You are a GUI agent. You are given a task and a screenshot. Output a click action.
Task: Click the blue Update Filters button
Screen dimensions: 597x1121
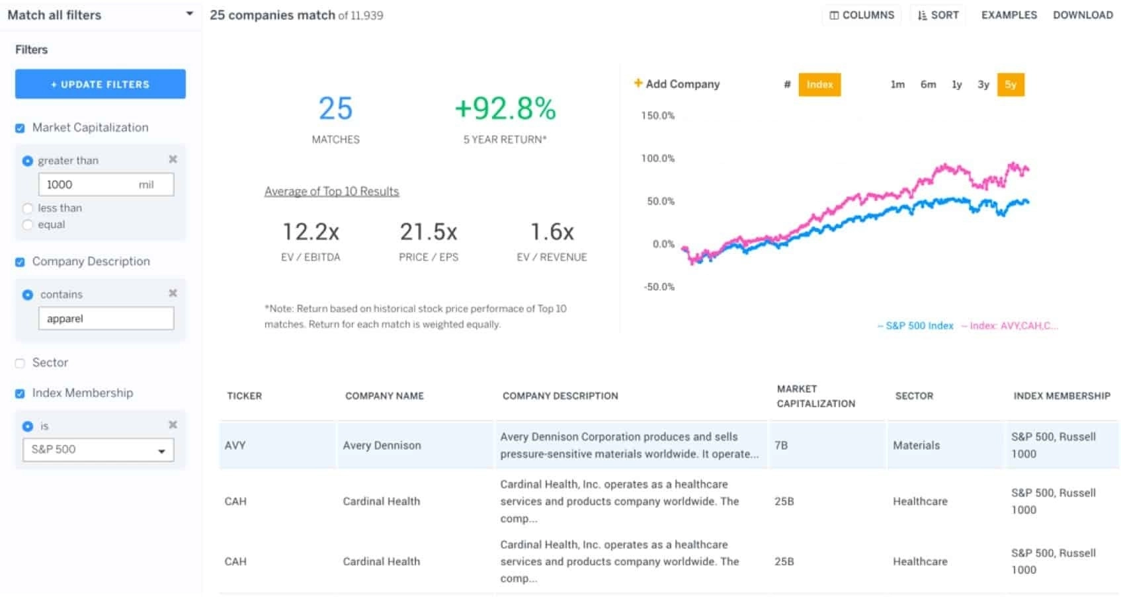pyautogui.click(x=100, y=84)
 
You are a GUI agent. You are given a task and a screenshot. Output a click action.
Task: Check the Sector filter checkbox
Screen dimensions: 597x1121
pyautogui.click(x=20, y=363)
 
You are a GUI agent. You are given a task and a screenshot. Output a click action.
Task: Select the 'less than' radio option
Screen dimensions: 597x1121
pyautogui.click(x=28, y=208)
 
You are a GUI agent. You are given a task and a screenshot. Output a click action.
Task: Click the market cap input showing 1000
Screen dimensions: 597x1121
pyautogui.click(x=106, y=184)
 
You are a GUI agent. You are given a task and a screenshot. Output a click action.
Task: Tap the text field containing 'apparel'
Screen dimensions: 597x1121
pyautogui.click(x=106, y=319)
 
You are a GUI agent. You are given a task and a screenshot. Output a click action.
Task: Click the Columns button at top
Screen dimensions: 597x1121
pyautogui.click(x=861, y=15)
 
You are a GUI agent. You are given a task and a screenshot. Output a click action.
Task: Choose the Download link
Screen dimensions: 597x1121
pyautogui.click(x=1083, y=15)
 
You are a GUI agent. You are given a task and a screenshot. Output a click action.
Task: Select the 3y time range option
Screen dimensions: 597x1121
pyautogui.click(x=983, y=85)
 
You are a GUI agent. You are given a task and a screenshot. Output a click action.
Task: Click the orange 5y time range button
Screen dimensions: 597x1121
pyautogui.click(x=1010, y=85)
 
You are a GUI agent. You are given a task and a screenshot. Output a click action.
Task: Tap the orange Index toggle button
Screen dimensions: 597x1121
pyautogui.click(x=819, y=85)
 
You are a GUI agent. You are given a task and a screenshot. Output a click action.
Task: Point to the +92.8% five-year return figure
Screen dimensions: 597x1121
pyautogui.click(x=505, y=109)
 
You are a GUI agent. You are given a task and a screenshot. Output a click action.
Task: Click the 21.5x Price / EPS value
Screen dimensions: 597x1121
pyautogui.click(x=428, y=232)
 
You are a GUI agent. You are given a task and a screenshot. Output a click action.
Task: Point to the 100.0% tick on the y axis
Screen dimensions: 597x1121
pyautogui.click(x=657, y=159)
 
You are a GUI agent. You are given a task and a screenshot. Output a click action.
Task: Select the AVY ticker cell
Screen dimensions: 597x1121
pyautogui.click(x=235, y=446)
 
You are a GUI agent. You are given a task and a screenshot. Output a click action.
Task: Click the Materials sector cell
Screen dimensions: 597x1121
pyautogui.click(x=916, y=446)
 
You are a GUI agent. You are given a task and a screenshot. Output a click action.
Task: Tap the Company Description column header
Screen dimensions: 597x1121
pyautogui.click(x=560, y=396)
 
